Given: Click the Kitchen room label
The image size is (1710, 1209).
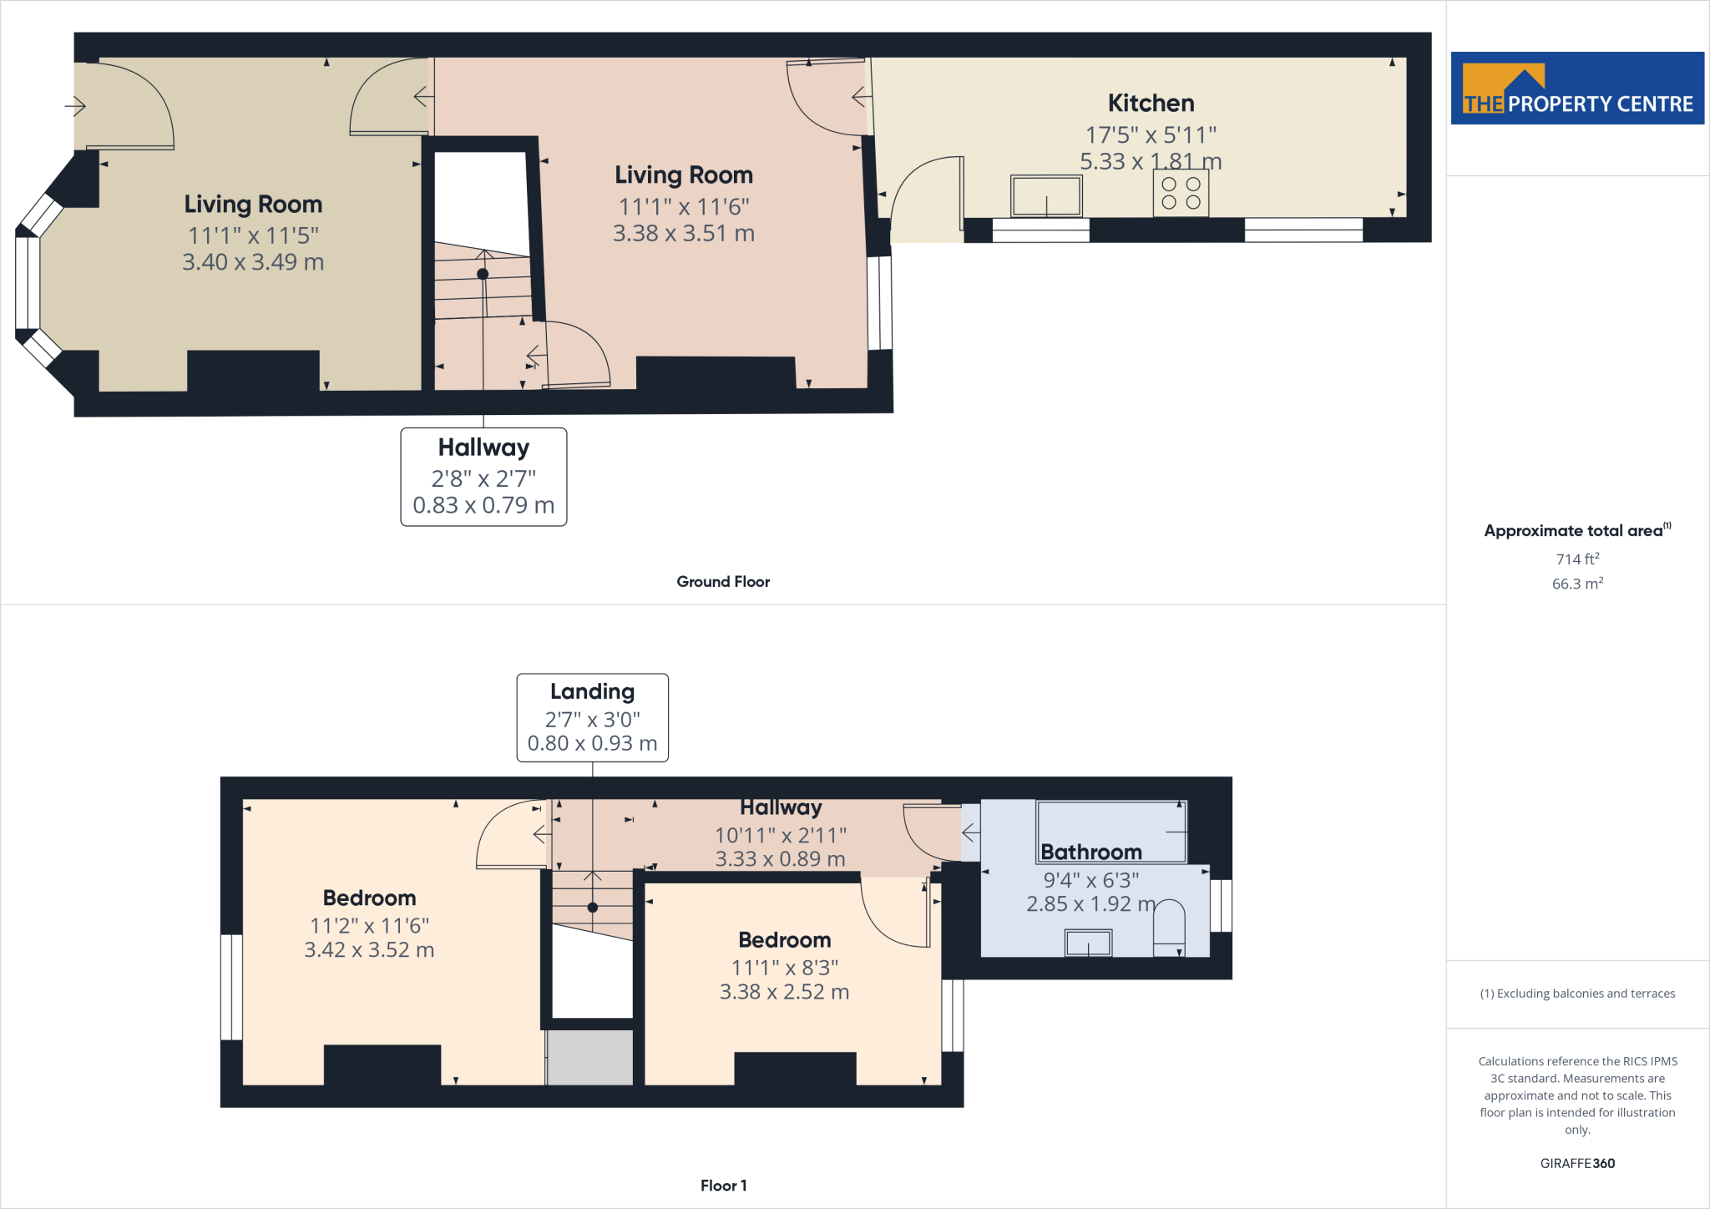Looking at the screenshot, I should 1151,104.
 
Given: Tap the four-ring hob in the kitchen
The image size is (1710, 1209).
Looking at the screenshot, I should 1181,193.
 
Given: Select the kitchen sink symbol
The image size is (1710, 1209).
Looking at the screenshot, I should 1046,196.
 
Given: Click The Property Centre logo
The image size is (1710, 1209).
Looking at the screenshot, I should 1576,89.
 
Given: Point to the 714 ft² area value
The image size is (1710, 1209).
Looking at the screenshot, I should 1576,559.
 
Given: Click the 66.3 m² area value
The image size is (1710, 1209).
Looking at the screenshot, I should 1576,584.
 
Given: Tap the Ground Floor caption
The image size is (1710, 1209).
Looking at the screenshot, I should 723,582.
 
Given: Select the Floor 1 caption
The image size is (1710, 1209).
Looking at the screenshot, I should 723,1186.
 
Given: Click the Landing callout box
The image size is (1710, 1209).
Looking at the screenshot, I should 592,717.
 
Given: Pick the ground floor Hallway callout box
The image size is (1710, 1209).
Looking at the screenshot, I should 483,477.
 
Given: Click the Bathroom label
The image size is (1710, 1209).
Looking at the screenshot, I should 1090,852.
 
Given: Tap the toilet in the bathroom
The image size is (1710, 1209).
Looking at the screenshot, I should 1169,927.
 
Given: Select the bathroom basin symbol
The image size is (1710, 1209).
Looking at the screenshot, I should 1088,943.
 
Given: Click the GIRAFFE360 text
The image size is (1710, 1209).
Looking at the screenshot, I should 1576,1163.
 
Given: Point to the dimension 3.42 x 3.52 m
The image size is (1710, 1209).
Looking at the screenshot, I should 369,950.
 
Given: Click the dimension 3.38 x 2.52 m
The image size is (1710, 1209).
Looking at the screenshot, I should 784,992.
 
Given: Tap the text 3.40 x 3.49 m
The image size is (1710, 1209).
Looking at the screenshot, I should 253,262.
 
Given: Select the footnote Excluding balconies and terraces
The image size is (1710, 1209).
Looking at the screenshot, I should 1576,994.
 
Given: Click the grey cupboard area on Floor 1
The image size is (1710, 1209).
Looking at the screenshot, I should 589,1057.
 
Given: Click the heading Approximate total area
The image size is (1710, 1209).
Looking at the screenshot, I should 1574,531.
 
